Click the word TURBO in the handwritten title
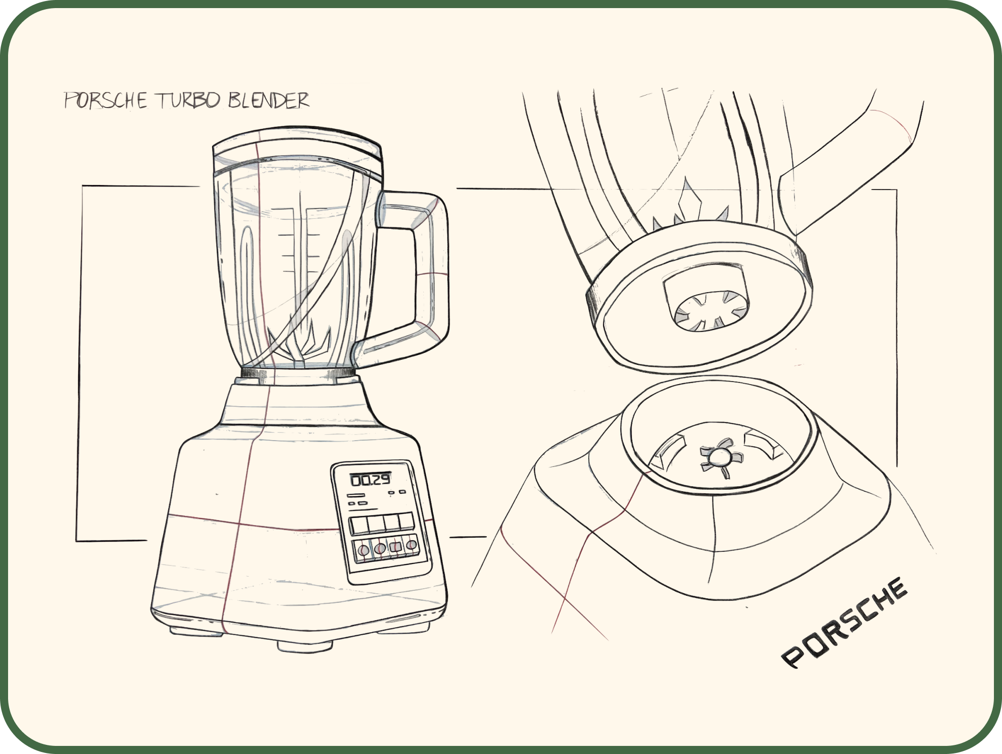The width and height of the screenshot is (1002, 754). pyautogui.click(x=189, y=101)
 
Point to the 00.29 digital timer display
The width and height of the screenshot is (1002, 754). pyautogui.click(x=371, y=479)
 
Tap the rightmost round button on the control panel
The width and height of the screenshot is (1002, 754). pyautogui.click(x=412, y=545)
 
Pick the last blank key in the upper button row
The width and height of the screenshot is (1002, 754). pyautogui.click(x=406, y=522)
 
